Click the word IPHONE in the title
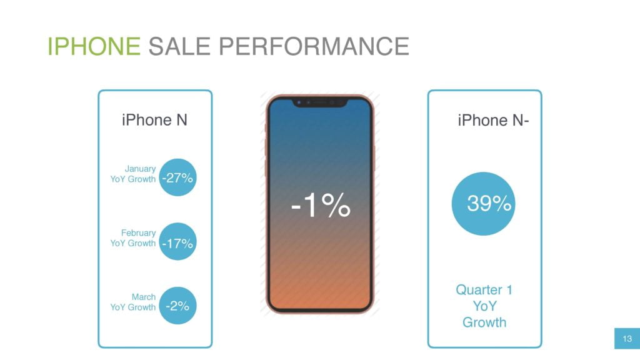click(x=94, y=46)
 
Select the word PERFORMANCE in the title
click(x=314, y=46)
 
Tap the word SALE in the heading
click(x=179, y=46)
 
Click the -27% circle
click(x=177, y=177)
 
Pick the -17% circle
click(x=177, y=242)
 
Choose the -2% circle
click(x=177, y=306)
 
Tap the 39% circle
click(x=483, y=204)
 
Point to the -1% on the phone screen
click(x=321, y=204)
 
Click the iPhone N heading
click(x=155, y=120)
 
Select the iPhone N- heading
click(x=493, y=121)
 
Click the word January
click(x=140, y=169)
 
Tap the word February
click(x=138, y=232)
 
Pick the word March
click(x=144, y=297)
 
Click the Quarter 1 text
click(x=484, y=290)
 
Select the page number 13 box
click(x=627, y=338)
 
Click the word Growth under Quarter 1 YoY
click(x=484, y=322)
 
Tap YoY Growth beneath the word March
click(x=133, y=307)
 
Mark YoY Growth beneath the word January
click(x=133, y=179)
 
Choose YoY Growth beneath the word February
click(x=133, y=243)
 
